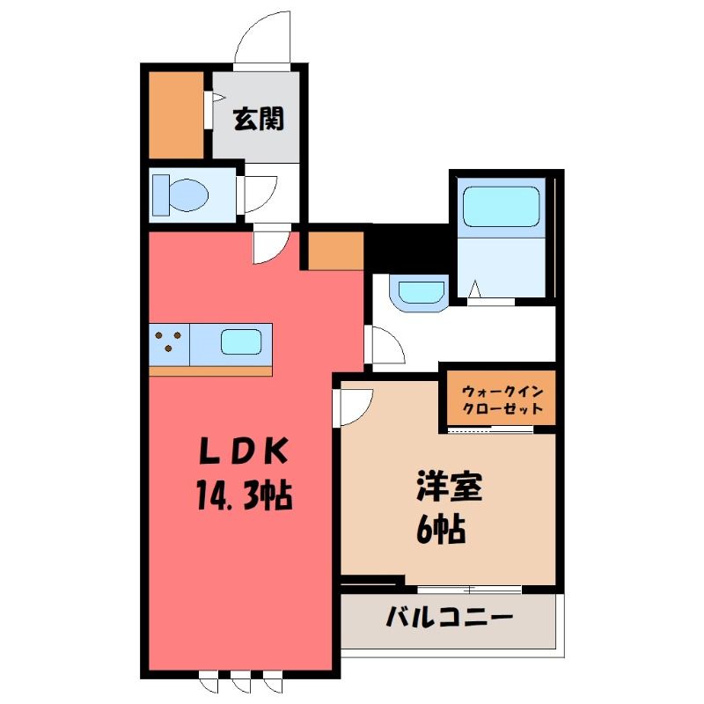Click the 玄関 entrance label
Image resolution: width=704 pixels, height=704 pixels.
[259, 119]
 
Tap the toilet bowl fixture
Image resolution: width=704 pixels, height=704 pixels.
[181, 194]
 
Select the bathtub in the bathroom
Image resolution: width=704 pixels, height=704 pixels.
[501, 207]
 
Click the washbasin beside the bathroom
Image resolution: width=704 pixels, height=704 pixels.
[419, 293]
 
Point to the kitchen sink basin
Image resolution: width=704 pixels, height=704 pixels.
[241, 342]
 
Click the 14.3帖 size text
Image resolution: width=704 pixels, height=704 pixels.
[244, 495]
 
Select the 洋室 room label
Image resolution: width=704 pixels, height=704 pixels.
[449, 487]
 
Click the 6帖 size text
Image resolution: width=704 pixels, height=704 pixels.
[441, 531]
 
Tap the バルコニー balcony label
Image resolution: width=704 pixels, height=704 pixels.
[449, 617]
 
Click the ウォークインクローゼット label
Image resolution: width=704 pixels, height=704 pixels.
[502, 400]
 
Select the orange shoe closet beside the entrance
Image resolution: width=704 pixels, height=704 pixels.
[176, 115]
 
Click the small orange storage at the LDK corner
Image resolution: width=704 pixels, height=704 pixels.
[336, 251]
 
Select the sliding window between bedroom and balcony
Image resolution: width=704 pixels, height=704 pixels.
[469, 589]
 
